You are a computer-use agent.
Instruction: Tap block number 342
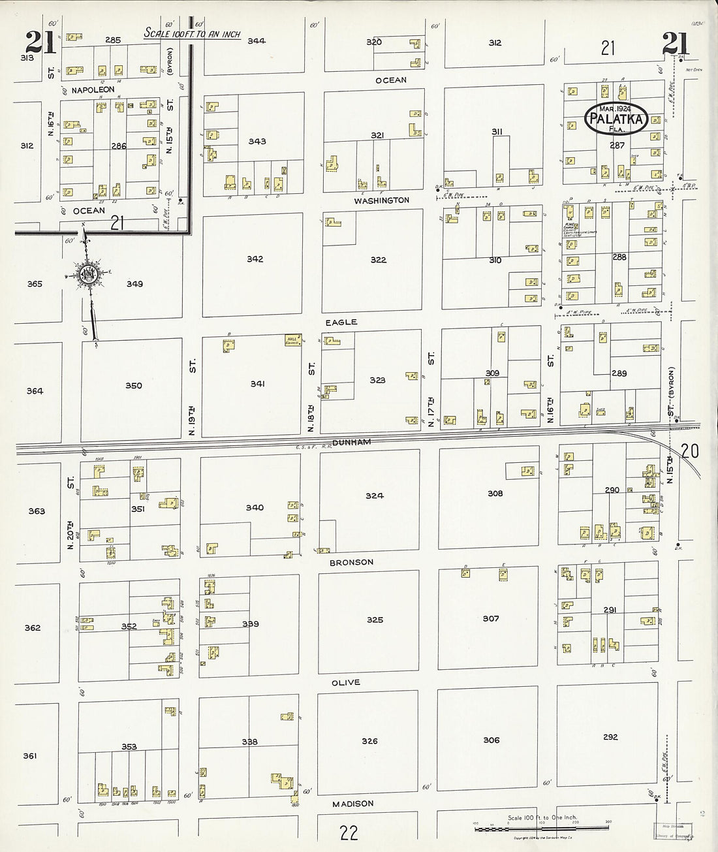tap(255, 259)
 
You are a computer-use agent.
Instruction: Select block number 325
tap(375, 620)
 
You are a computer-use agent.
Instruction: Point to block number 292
tap(610, 737)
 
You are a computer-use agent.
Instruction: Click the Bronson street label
tap(351, 562)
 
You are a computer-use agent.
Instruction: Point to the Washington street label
tap(382, 200)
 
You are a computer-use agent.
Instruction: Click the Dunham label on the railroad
tap(351, 442)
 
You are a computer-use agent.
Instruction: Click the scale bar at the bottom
tap(538, 828)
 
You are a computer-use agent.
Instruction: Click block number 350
tap(133, 386)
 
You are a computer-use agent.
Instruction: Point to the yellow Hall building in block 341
tap(291, 339)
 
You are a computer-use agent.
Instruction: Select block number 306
tap(492, 740)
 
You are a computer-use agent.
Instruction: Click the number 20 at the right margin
tap(689, 450)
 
